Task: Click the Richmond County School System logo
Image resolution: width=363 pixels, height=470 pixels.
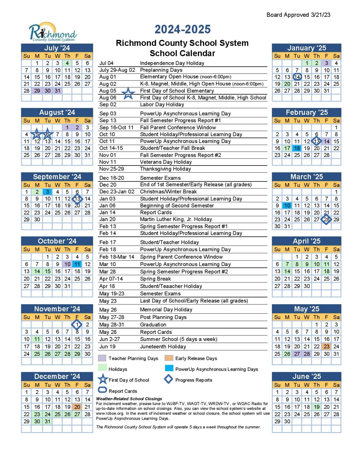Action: [x=53, y=32]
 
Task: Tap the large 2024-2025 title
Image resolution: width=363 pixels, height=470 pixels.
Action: [x=183, y=29]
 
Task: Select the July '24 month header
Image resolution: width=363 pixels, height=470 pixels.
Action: [x=57, y=48]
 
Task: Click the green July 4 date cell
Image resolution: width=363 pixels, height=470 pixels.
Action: [x=67, y=63]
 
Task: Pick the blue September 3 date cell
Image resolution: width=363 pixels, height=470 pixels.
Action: [x=47, y=192]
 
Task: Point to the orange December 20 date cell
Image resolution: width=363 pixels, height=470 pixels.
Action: [x=77, y=407]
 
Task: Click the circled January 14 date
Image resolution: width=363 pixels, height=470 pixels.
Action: [x=297, y=77]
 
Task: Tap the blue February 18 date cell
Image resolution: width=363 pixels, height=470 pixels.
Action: [x=297, y=148]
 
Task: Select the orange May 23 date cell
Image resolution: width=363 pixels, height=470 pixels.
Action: [x=327, y=347]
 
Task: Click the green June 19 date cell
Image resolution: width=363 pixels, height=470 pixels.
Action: [x=317, y=407]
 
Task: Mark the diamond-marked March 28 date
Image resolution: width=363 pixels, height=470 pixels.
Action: [x=326, y=219]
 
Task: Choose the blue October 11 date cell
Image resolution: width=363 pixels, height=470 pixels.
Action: [x=77, y=264]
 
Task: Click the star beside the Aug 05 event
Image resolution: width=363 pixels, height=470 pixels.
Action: [x=128, y=94]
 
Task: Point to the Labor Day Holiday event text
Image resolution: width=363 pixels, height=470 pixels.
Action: [x=162, y=105]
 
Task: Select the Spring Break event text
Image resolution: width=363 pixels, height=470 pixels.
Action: [x=155, y=279]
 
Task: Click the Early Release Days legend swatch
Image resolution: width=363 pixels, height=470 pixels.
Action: [x=169, y=358]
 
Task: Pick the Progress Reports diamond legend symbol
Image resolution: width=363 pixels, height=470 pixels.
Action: [x=169, y=379]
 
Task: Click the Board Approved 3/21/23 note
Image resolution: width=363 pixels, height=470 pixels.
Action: [x=298, y=15]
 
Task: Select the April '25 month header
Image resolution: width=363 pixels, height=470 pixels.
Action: [x=306, y=241]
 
